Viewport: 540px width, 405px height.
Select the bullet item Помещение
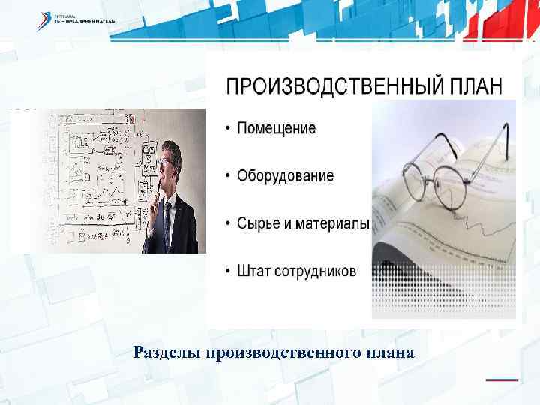276,128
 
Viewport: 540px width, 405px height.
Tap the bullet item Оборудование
285,176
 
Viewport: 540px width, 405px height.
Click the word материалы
333,223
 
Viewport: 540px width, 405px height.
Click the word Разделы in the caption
170,352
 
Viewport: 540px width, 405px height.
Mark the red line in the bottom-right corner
501,379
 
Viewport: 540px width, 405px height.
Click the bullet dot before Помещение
228,128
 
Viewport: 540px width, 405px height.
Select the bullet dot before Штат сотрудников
228,271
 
